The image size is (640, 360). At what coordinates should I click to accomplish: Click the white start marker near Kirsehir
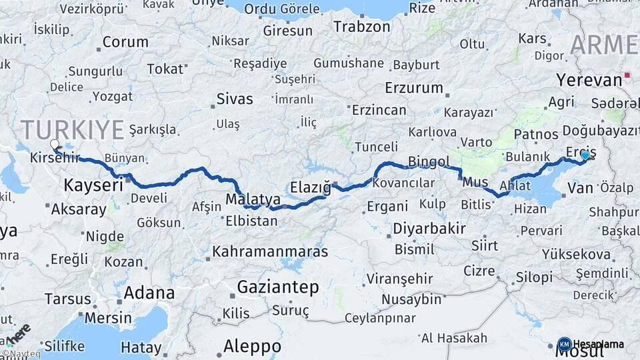tap(54, 143)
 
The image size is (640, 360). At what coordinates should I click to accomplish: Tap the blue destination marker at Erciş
tap(585, 155)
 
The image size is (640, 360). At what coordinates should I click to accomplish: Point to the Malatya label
tap(254, 198)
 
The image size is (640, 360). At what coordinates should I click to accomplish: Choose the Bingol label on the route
tap(429, 161)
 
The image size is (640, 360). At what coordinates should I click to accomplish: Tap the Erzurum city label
tap(413, 87)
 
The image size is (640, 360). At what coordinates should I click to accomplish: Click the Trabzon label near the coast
tap(361, 27)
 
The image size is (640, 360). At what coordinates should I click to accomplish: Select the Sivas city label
tap(235, 99)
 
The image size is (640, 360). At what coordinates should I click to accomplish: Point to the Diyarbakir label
tap(429, 228)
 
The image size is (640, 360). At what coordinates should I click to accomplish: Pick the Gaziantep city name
tap(278, 287)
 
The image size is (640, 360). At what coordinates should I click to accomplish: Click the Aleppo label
tap(252, 347)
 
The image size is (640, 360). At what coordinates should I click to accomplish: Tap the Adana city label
tap(149, 293)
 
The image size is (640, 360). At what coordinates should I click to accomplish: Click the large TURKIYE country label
tap(72, 129)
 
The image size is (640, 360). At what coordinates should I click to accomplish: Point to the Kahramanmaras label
tap(270, 252)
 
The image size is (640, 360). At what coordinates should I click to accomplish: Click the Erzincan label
tap(379, 109)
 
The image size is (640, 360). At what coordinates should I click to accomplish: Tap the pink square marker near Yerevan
tap(627, 75)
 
